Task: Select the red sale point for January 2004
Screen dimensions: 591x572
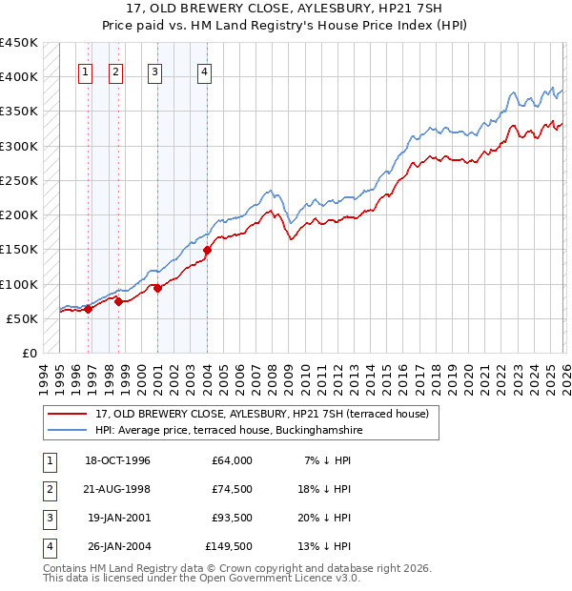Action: coord(207,251)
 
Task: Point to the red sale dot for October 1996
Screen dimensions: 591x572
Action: coord(88,309)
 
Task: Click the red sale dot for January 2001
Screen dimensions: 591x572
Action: coord(157,289)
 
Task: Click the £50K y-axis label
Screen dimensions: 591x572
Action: coord(23,318)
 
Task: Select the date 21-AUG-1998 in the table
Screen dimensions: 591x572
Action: coord(118,489)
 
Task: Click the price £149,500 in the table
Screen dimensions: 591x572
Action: coord(229,546)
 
